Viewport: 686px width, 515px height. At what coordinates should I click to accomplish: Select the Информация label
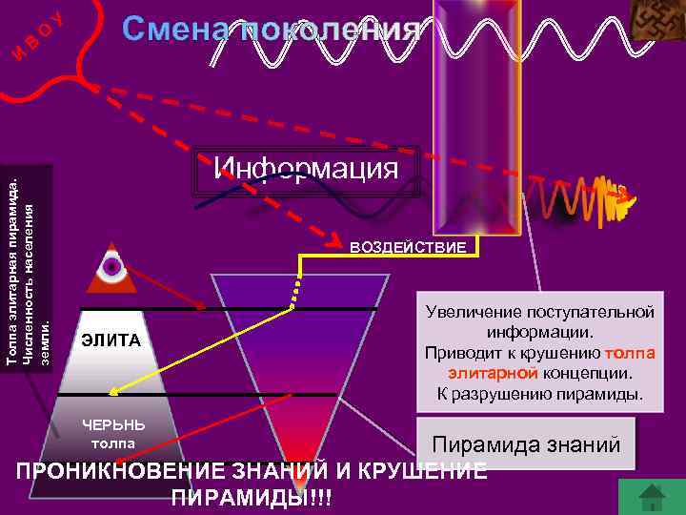pos(305,169)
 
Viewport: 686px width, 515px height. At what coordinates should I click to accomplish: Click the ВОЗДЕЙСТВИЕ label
pos(409,248)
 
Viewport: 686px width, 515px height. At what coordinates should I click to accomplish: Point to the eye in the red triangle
pos(112,268)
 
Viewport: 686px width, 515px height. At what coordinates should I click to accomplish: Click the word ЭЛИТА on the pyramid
pos(111,340)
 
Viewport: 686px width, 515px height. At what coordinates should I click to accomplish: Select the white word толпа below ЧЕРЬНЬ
pos(113,443)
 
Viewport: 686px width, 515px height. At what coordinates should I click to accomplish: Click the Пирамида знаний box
pos(526,444)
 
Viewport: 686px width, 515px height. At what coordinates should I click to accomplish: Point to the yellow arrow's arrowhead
pos(111,390)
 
